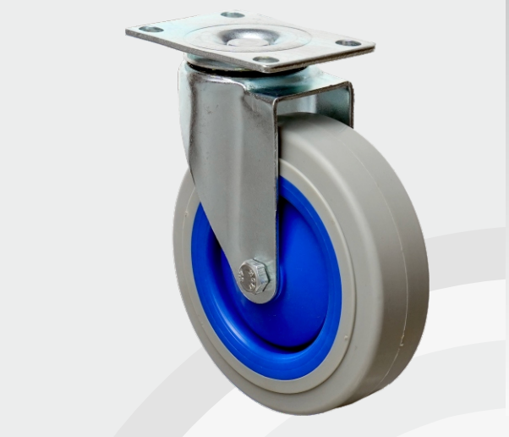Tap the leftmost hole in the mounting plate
(x=151, y=30)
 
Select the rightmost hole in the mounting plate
(x=348, y=42)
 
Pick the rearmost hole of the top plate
(x=232, y=14)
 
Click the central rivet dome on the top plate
(x=244, y=36)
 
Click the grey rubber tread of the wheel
(x=397, y=254)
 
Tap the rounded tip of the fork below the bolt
(x=259, y=296)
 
